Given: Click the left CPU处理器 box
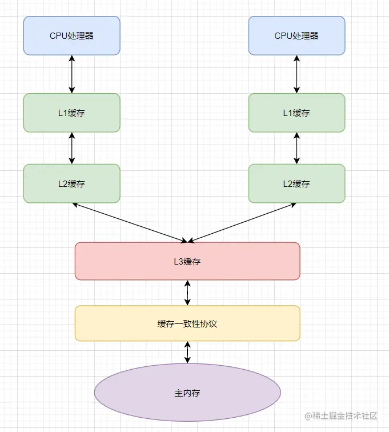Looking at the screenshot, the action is (71, 35).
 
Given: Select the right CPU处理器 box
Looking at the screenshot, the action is (296, 35).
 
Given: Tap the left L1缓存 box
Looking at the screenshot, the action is (71, 113).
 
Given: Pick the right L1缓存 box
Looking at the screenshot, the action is (296, 113).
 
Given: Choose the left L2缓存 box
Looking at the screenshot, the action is (71, 183).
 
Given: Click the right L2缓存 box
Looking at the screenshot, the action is (296, 183).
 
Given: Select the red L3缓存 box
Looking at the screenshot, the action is (187, 261).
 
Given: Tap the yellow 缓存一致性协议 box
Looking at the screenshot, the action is (187, 323).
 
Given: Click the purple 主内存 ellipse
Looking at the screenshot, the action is (187, 393).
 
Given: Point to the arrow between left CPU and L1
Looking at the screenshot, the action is (71, 74).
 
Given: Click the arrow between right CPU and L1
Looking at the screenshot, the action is (296, 74).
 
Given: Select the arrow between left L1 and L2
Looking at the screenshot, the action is (71, 148).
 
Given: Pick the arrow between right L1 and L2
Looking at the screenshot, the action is (296, 148).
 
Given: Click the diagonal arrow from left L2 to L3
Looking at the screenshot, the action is (130, 223).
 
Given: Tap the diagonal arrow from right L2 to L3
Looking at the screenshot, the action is (242, 223).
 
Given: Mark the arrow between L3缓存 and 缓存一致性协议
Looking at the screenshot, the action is (187, 293).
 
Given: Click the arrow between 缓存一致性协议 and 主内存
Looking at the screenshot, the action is (187, 352).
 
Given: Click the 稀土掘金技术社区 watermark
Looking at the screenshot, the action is (341, 415).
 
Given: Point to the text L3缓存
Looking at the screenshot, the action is (187, 262).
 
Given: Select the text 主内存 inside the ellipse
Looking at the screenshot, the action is (187, 393).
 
